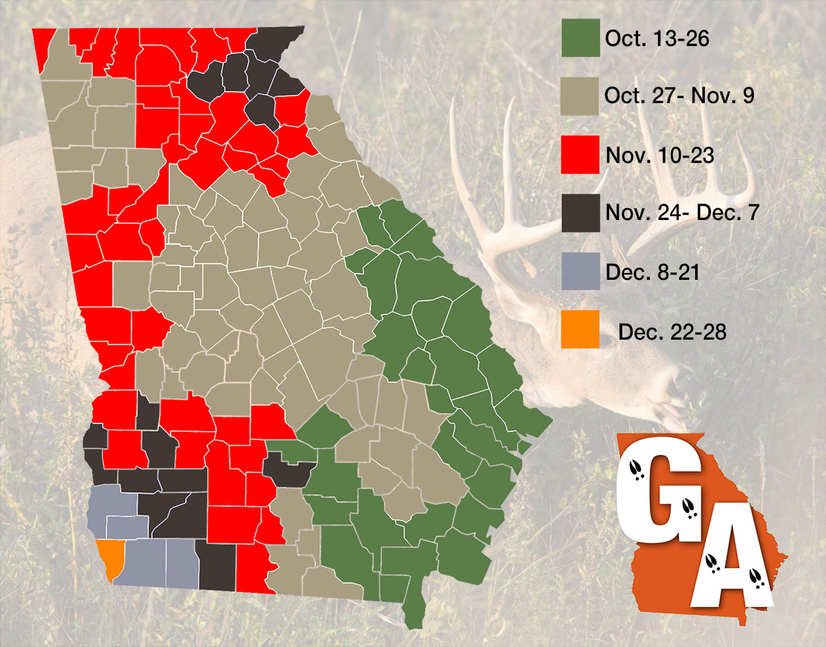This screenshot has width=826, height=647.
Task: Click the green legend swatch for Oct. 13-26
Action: (x=580, y=37)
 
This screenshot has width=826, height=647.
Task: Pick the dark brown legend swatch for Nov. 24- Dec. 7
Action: (x=580, y=213)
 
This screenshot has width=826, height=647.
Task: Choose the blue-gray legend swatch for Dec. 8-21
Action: (x=580, y=272)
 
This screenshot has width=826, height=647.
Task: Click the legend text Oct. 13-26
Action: (x=657, y=39)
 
